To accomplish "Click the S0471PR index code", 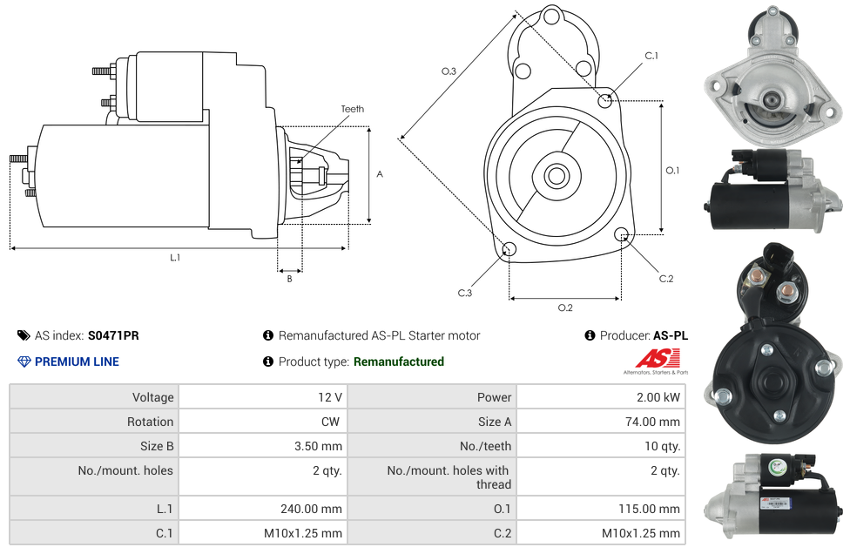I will [x=113, y=335].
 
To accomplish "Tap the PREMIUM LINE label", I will [x=77, y=361].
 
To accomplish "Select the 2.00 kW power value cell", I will [x=659, y=397].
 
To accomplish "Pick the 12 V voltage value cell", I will [x=330, y=397].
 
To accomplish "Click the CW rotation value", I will [x=332, y=422].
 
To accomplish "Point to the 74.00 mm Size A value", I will [x=653, y=422].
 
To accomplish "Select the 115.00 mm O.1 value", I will [x=653, y=509].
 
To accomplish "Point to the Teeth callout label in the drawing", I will [x=353, y=109].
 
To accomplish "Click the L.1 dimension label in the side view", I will [x=175, y=258].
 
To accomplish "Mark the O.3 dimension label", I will [x=449, y=71].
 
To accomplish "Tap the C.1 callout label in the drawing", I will [x=651, y=56].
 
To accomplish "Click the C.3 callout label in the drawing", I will [x=465, y=294].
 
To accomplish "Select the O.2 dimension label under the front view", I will [x=564, y=307].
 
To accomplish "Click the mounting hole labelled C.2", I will [x=622, y=234].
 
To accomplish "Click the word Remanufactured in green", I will [x=399, y=361].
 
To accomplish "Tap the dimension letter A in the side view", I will [x=379, y=174].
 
